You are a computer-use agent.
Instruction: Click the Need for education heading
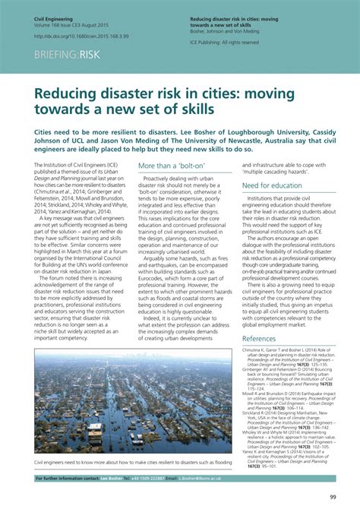[x=271, y=185]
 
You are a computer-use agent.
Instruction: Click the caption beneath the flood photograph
[x=132, y=462]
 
